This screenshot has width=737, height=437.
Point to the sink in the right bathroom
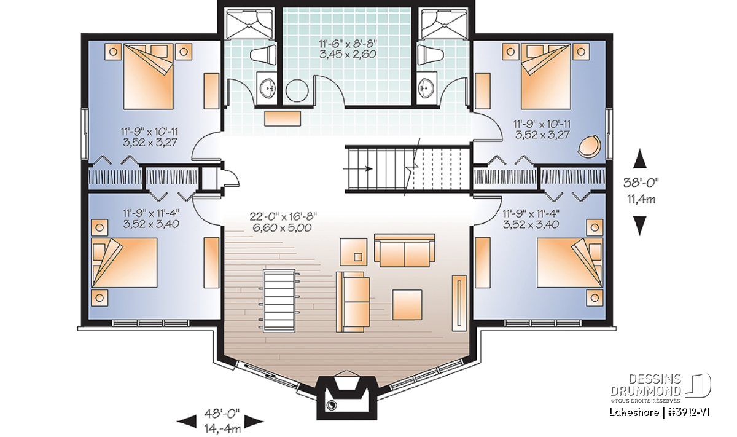tap(427, 88)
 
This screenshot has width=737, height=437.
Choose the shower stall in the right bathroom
tap(443, 24)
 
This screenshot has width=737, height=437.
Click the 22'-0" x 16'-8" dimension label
tap(283, 216)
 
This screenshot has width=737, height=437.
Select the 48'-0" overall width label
tap(222, 412)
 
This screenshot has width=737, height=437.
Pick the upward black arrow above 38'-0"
tap(640, 159)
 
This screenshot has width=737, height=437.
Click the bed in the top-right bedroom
tap(546, 77)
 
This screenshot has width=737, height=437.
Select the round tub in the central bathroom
tap(297, 90)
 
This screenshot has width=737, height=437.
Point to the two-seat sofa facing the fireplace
tap(404, 250)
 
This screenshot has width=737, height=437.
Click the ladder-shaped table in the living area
tap(279, 301)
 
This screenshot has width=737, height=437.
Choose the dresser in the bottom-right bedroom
tap(482, 262)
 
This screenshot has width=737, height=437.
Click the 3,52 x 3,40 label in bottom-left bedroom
tap(151, 224)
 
